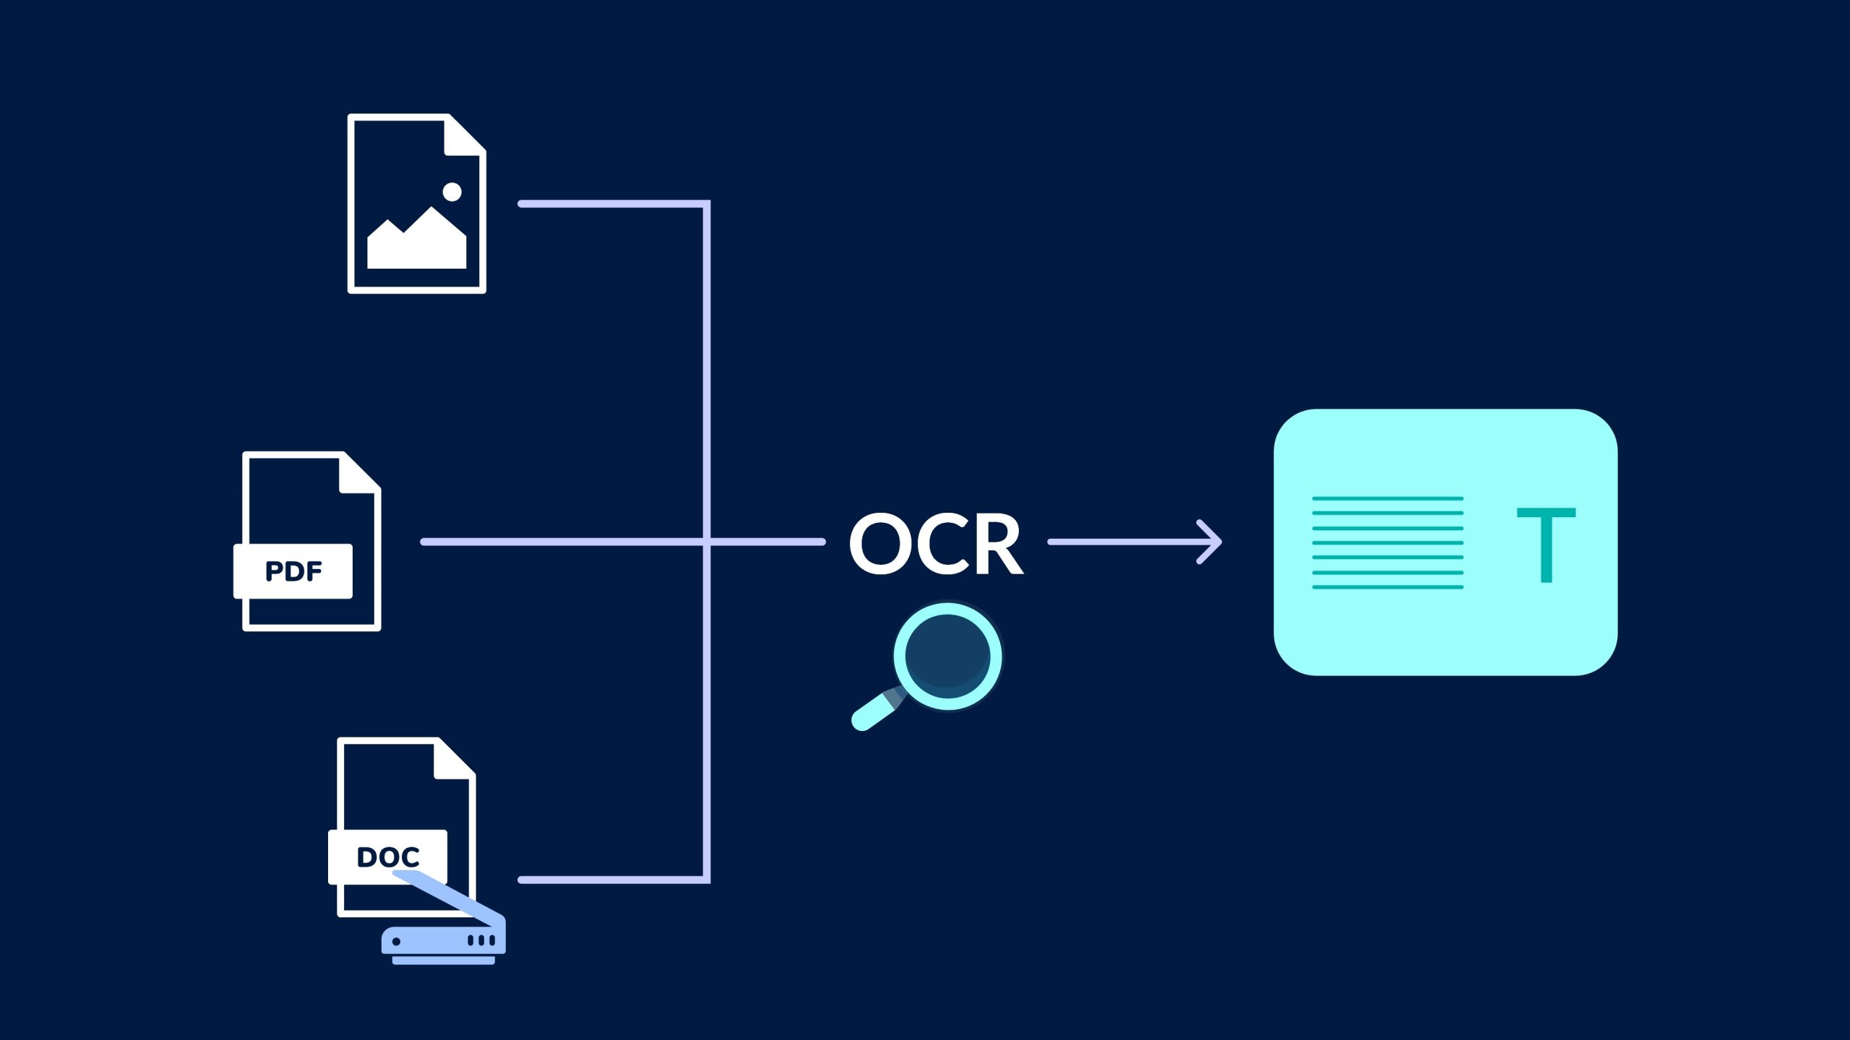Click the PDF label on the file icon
coord(293,571)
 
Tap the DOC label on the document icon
coord(388,857)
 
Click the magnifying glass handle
coord(874,712)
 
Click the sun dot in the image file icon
coord(452,191)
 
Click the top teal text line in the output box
coord(1387,498)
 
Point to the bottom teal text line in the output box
coord(1387,587)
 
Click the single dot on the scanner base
coord(396,941)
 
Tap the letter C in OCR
coord(939,544)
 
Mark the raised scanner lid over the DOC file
coord(448,896)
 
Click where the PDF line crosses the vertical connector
coord(707,542)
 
